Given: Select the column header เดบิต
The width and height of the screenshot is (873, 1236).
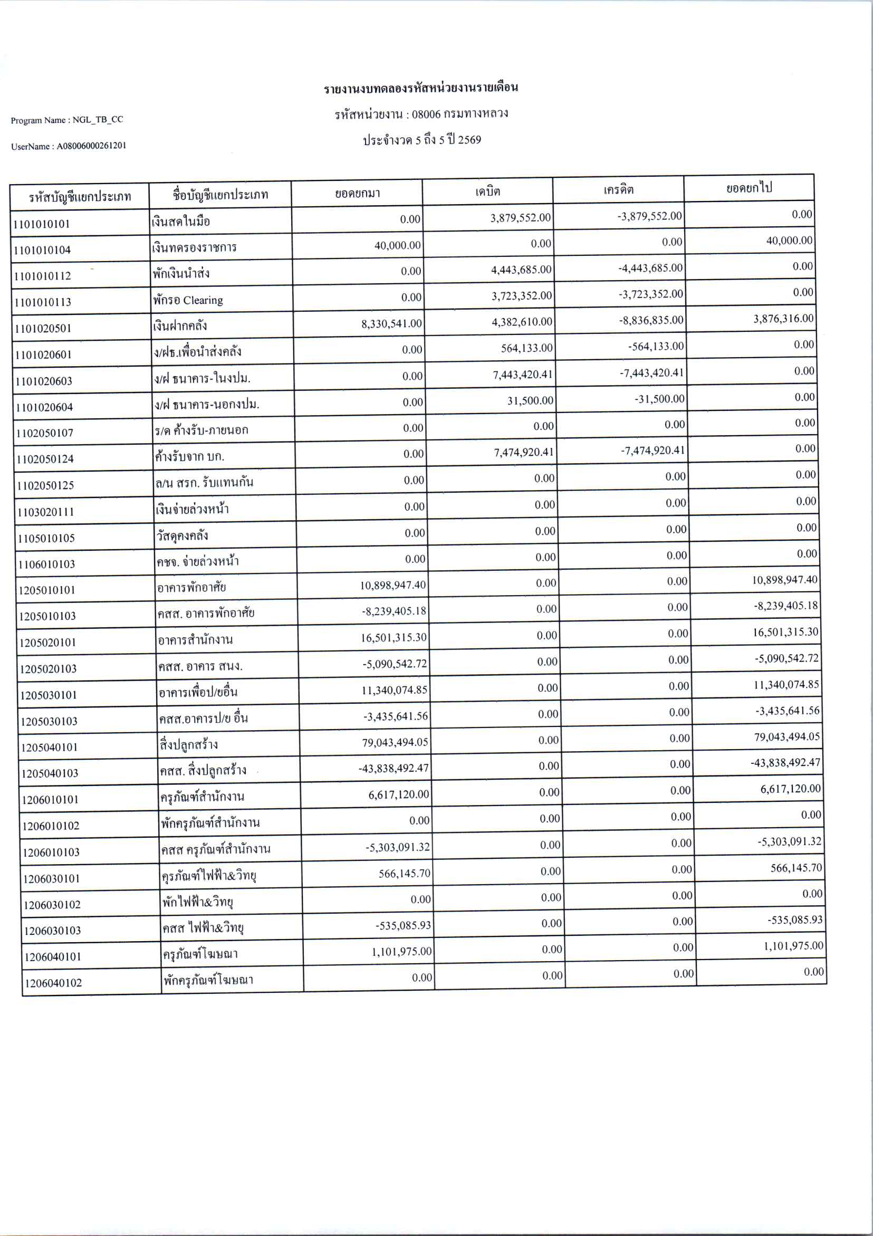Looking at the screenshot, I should point(487,191).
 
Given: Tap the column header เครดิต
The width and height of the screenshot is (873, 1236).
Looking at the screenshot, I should point(618,189).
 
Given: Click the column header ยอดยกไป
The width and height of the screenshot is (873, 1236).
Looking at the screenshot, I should point(749,188).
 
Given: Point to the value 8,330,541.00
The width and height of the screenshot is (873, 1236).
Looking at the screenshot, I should point(391,323).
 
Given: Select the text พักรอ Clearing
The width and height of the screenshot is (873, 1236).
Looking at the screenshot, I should point(188,300).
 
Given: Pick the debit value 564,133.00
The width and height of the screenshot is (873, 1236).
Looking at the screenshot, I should point(526,348).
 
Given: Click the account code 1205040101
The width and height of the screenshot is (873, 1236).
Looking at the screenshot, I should point(49,747).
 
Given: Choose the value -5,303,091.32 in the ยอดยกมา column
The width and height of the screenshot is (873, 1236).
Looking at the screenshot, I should point(398,847).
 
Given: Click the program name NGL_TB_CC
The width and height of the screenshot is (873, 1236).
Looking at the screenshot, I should point(98,120).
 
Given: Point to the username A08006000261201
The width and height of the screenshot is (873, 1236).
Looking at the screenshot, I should point(91,146).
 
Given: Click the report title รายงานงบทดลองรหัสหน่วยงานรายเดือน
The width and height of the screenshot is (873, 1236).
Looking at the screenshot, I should point(420,88).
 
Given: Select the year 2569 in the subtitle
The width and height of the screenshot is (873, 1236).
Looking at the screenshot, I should point(469,140).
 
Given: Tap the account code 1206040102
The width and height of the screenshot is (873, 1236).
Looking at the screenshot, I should point(53,983).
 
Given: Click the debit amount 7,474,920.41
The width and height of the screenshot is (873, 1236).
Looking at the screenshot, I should point(524,452).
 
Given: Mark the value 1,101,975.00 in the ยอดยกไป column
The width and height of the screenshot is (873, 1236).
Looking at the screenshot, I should point(793,946).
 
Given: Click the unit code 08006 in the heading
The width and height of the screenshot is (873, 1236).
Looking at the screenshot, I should point(426,114).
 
